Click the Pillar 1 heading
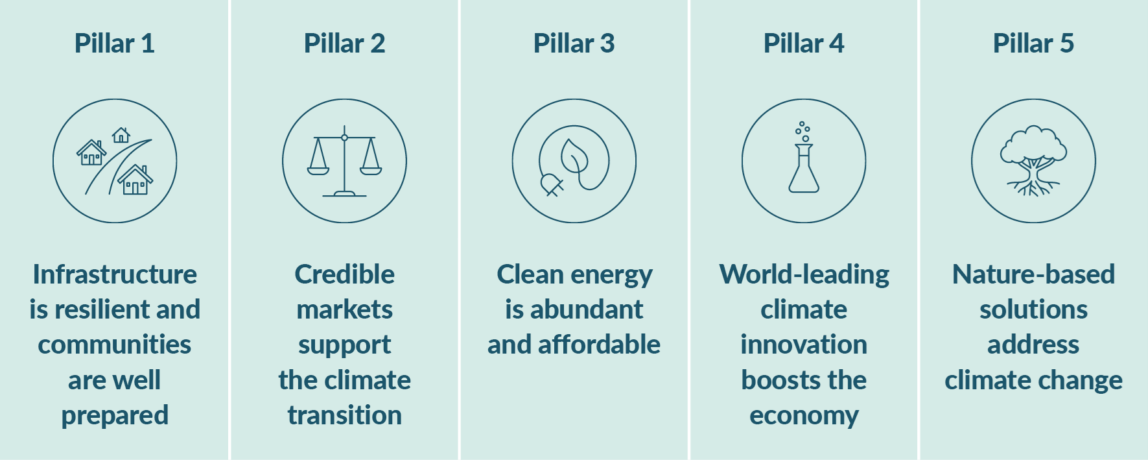tap(115, 43)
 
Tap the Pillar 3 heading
tap(574, 43)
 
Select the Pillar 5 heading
tap(1033, 43)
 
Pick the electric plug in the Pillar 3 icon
tap(552, 185)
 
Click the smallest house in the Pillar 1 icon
tap(121, 135)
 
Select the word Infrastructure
tap(115, 274)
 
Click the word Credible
tap(344, 274)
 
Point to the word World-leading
tap(804, 274)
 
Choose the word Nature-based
tap(1033, 274)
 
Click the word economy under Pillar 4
tap(804, 415)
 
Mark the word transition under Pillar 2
tap(344, 415)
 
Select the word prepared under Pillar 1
tap(115, 415)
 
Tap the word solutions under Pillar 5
tap(1033, 309)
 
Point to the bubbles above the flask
tap(802, 130)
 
